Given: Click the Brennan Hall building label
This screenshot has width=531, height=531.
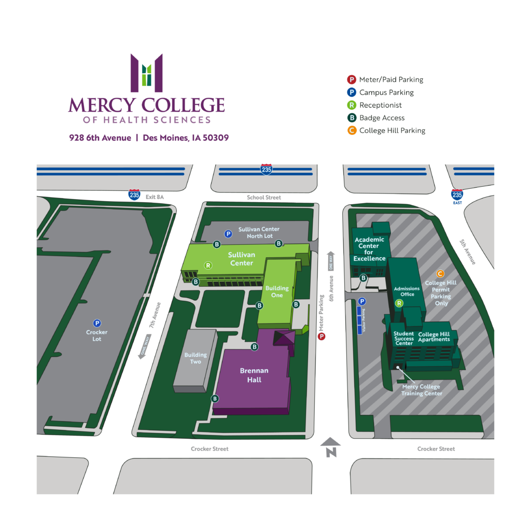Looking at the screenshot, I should [254, 375].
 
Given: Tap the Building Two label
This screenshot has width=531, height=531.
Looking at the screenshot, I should [195, 358].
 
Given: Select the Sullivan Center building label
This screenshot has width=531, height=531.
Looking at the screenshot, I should [241, 259].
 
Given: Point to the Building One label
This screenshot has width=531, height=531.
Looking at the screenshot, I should [277, 291].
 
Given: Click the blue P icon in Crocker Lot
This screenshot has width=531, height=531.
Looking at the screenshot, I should [97, 323].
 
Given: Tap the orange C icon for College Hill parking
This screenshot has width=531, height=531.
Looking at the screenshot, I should [440, 274].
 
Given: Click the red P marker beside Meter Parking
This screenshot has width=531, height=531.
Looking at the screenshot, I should [322, 337].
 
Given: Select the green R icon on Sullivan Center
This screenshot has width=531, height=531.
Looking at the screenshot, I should [208, 265].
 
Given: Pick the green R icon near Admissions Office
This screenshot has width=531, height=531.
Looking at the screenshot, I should [399, 303].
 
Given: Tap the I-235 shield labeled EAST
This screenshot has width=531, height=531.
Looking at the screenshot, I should [457, 195].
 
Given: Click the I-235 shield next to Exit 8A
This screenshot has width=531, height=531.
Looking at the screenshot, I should [135, 195].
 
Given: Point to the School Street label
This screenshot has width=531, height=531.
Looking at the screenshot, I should [264, 198].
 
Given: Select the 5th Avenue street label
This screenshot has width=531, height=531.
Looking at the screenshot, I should [467, 252].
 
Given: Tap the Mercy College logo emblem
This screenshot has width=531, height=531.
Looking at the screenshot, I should [147, 73].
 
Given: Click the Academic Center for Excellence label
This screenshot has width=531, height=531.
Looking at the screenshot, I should [369, 249].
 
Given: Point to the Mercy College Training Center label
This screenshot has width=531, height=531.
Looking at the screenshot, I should [421, 390].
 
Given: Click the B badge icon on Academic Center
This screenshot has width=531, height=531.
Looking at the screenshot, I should [364, 278].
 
